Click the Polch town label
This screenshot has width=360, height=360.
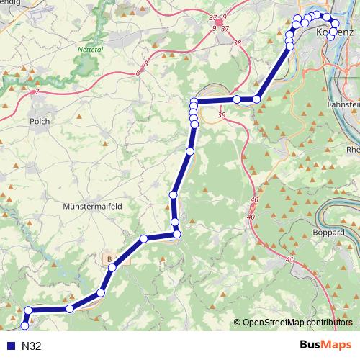[40, 122]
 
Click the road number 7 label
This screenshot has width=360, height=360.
[36, 91]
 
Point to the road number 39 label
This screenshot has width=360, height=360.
[221, 115]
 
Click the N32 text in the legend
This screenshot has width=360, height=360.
[32, 346]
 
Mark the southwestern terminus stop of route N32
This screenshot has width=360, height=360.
[25, 329]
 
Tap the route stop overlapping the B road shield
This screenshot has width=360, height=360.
[112, 268]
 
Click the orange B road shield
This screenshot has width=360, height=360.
[109, 258]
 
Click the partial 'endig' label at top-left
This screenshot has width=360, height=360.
[13, 3]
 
